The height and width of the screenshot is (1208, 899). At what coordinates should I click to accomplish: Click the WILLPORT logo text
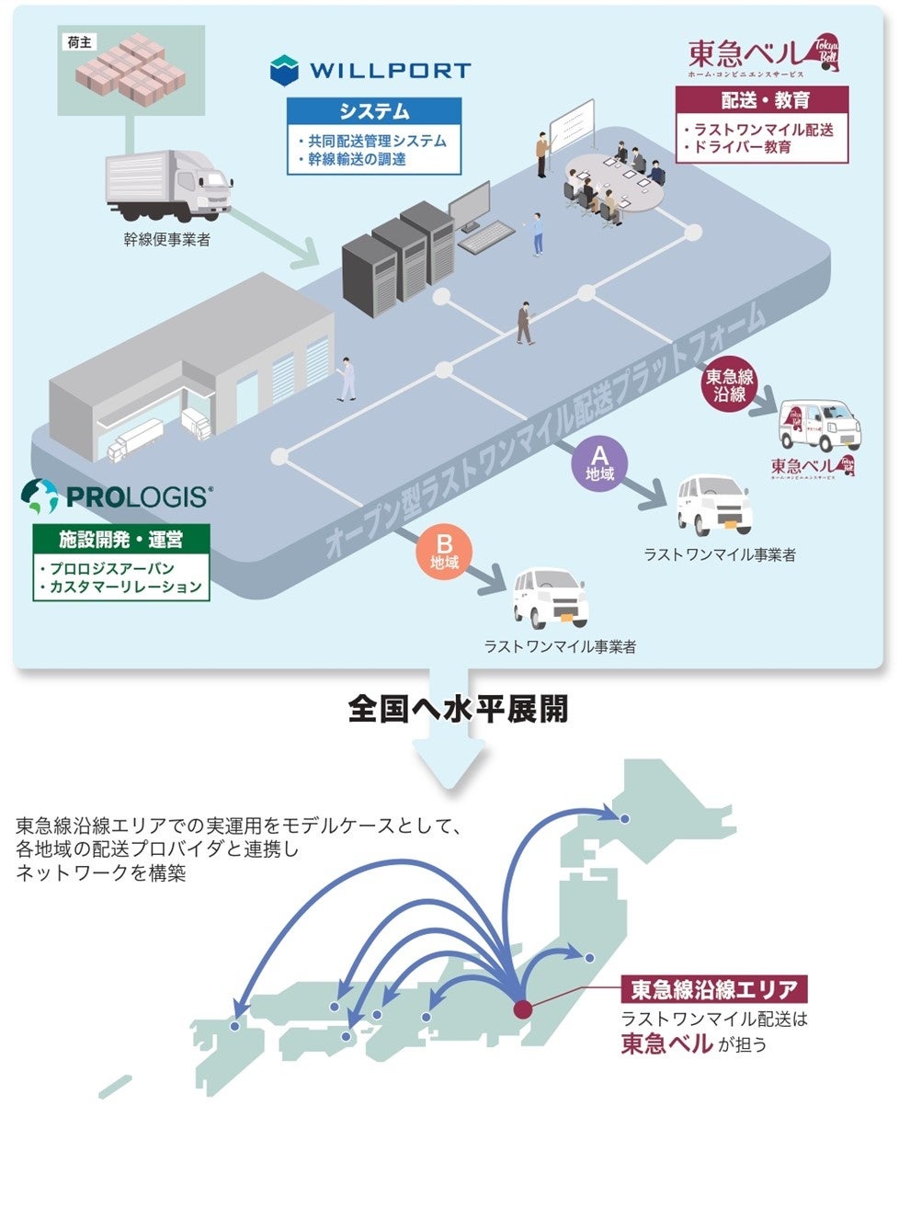[x=390, y=70]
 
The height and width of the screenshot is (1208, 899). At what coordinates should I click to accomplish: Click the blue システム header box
[x=374, y=111]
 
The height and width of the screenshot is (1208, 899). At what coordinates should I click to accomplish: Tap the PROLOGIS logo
[x=117, y=497]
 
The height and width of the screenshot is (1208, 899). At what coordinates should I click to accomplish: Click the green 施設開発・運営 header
[x=121, y=539]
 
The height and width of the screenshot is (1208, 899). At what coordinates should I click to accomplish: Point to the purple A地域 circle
[x=599, y=464]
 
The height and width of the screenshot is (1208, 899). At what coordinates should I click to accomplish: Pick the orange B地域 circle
[x=444, y=553]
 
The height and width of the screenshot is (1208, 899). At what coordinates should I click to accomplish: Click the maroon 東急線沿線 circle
[x=730, y=385]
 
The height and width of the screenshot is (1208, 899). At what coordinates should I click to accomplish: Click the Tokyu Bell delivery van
[x=820, y=426]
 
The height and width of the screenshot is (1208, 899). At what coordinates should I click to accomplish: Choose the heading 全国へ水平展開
[x=458, y=709]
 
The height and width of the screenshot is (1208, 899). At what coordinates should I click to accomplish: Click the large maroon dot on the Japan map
[x=522, y=1009]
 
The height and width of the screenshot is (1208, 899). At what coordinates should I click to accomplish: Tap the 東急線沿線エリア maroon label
[x=714, y=989]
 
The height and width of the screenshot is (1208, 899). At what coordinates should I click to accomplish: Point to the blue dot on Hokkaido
[x=625, y=818]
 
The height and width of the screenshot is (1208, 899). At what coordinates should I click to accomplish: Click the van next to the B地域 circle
[x=550, y=598]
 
